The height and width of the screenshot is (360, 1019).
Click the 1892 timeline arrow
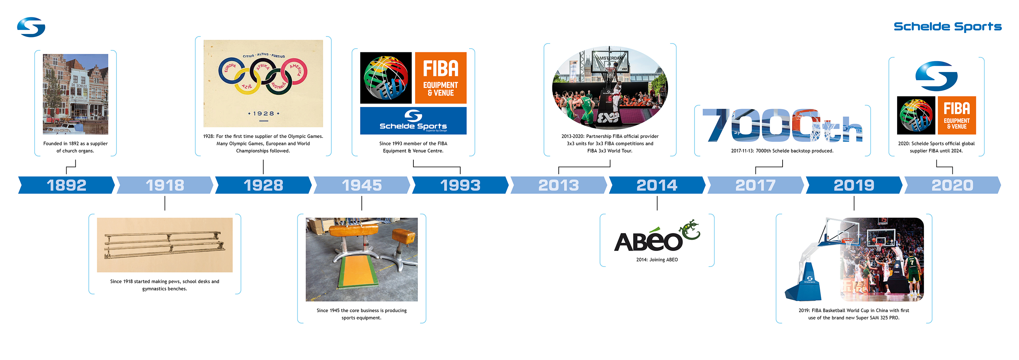[67, 185]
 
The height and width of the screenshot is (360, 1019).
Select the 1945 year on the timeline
[361, 185]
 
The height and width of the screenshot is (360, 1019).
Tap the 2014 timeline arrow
[657, 185]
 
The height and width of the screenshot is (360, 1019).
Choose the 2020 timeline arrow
[952, 185]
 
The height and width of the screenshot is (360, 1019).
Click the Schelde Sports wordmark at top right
[947, 26]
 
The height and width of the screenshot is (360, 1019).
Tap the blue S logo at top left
[31, 27]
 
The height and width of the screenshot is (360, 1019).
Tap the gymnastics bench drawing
[164, 245]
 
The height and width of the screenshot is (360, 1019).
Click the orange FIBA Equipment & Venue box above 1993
[441, 78]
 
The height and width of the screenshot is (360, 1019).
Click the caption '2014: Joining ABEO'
[657, 260]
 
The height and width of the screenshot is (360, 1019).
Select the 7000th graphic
[783, 125]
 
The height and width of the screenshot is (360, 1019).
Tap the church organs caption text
[75, 147]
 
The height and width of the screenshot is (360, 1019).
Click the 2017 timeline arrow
[755, 185]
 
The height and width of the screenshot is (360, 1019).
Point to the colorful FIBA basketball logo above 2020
[916, 115]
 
